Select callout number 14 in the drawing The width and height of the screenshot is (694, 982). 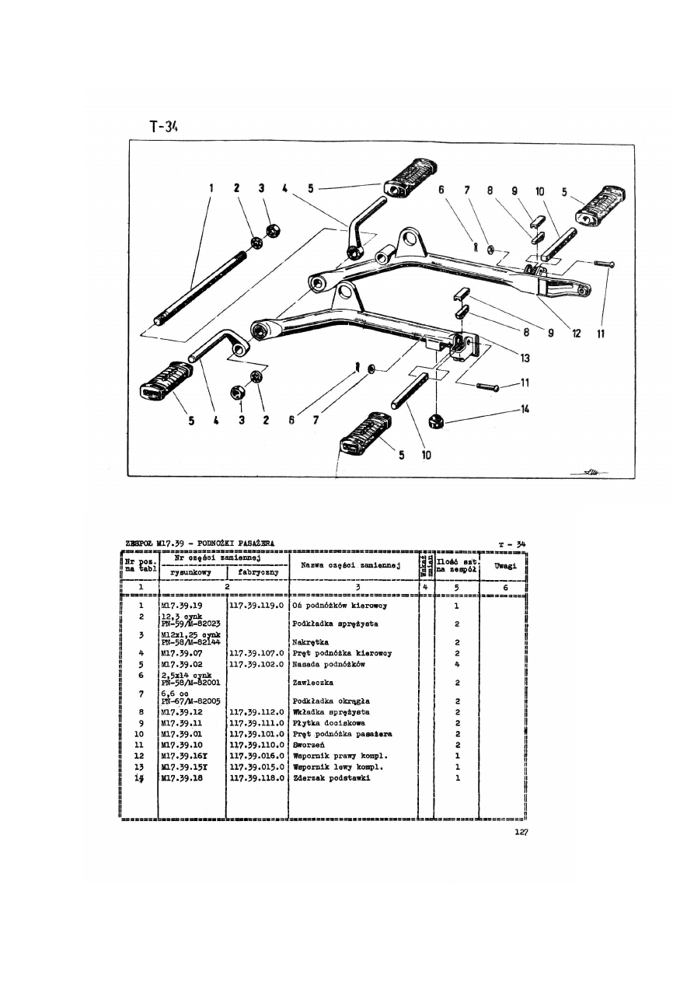coord(525,409)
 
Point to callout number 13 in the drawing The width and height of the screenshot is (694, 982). coord(525,358)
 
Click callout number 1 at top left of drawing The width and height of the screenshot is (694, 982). coord(211,187)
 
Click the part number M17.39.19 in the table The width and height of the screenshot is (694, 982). coord(181,605)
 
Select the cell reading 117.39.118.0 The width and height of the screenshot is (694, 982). coord(256,778)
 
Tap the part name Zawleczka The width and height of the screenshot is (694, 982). coord(312,682)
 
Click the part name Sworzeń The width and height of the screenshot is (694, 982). coord(309,744)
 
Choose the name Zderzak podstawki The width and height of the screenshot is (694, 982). coord(330,778)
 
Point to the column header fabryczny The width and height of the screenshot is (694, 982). coord(257,572)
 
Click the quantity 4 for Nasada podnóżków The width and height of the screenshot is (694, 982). coord(457,665)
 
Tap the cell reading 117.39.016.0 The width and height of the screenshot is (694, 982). coord(256,755)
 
